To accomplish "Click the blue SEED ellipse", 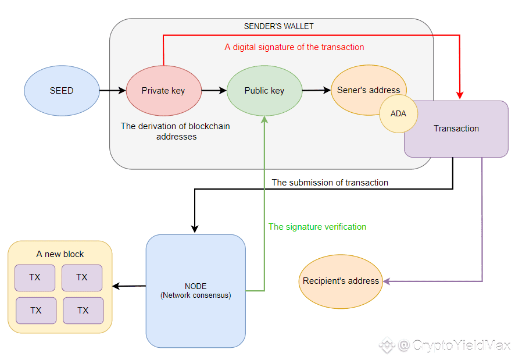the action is [62, 91].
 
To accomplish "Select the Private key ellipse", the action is [164, 91].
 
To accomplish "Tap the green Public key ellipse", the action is [264, 91].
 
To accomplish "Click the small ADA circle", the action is [398, 114].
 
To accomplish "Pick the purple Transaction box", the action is [456, 129].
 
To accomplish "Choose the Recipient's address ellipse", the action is [341, 281].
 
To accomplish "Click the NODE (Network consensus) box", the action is [196, 291].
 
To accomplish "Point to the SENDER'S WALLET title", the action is [278, 26].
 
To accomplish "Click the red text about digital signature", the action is [294, 47].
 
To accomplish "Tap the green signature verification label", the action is [317, 227].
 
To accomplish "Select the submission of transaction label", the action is [330, 183].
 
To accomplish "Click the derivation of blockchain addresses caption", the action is [176, 131].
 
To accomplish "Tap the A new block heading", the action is [60, 254].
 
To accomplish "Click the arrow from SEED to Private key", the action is [113, 90].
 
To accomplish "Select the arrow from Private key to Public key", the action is [214, 90].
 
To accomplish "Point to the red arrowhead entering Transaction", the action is [460, 95].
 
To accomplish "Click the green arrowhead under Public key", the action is [264, 120].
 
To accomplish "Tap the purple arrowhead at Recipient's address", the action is [387, 281].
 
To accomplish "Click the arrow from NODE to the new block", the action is [129, 286].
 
